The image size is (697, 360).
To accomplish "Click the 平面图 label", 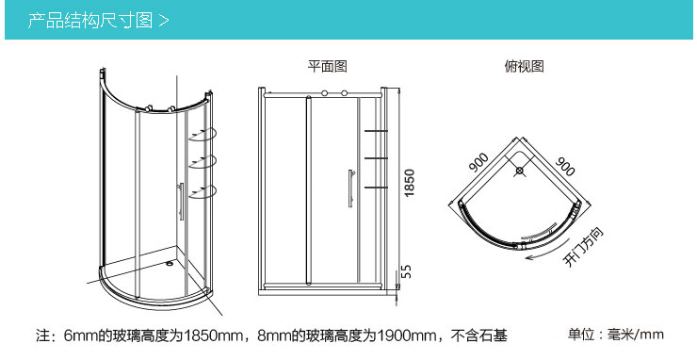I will pos(328,67).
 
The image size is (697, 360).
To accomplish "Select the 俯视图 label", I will pos(524,67).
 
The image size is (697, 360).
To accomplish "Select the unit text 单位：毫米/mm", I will pos(616,334).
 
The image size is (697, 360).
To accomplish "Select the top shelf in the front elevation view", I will pos(375,129).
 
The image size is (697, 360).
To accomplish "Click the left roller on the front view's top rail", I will pos(326,94).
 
